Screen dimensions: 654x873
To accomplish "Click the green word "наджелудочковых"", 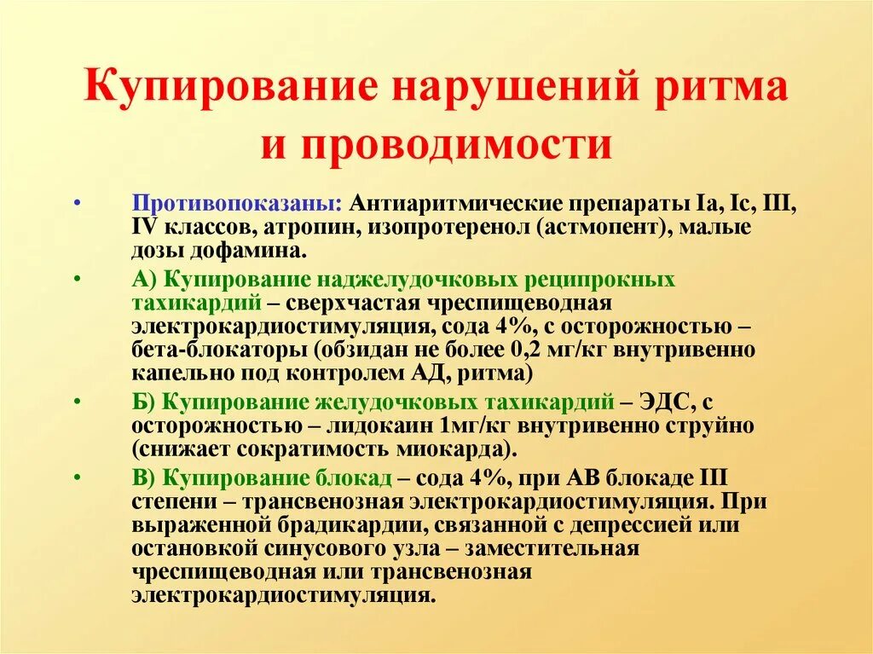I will pos(402,281).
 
